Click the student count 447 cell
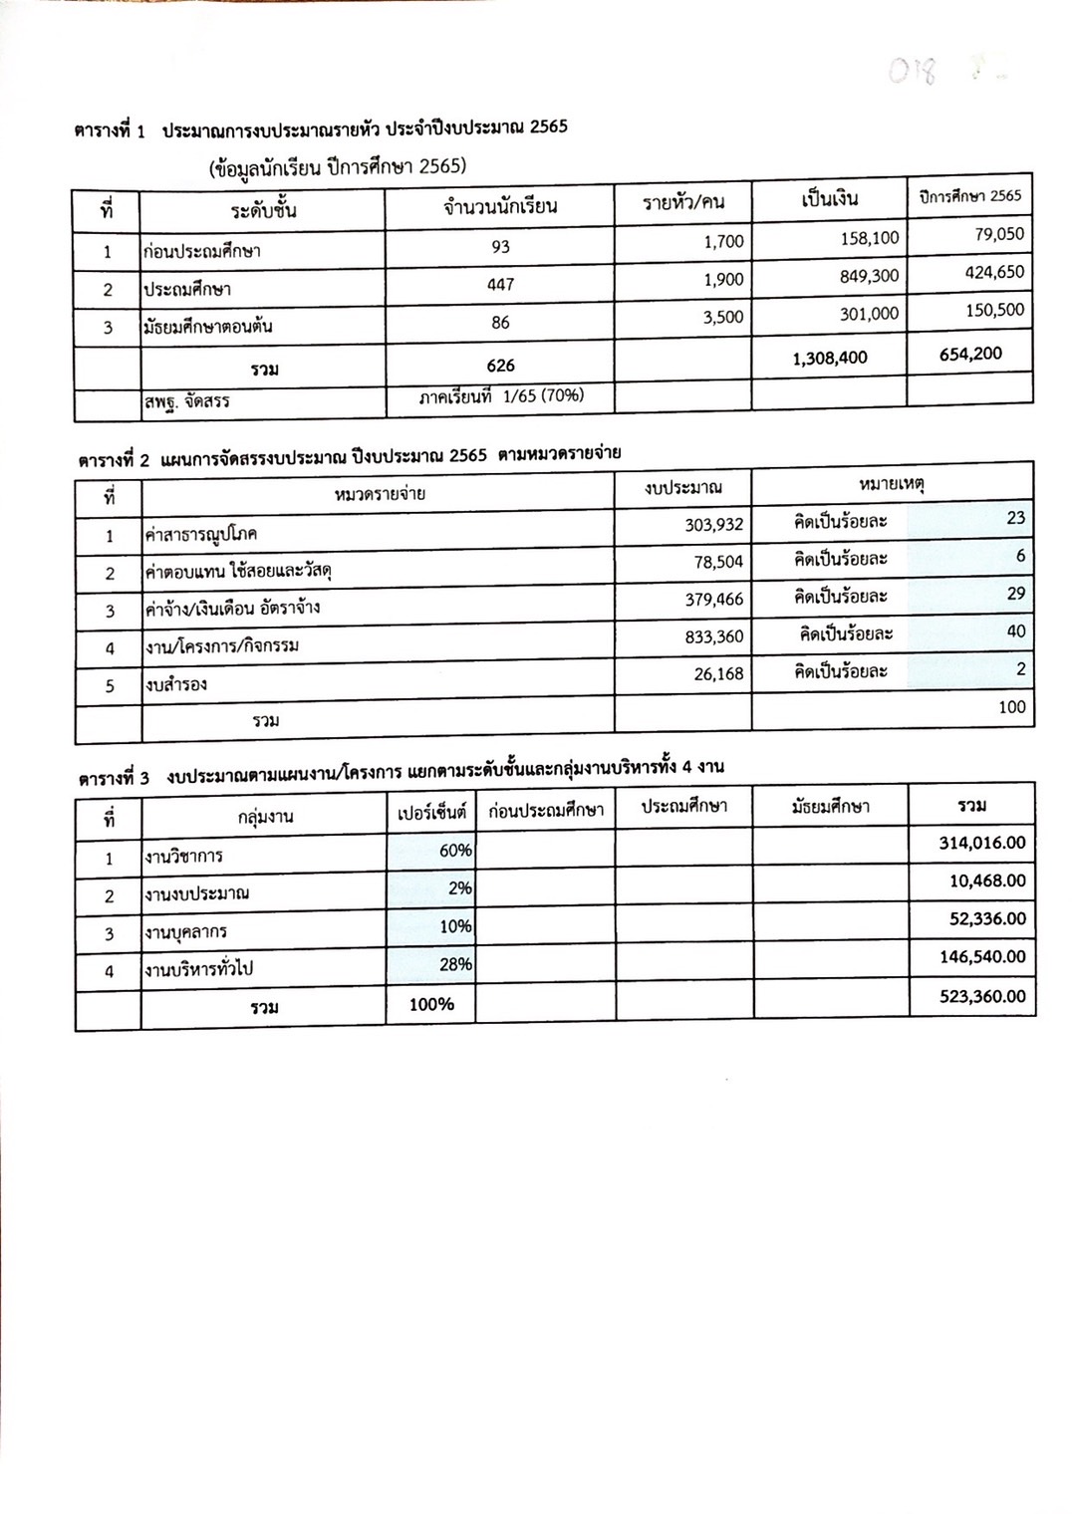pyautogui.click(x=500, y=285)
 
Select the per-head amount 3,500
pyautogui.click(x=723, y=318)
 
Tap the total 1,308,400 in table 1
pyautogui.click(x=830, y=358)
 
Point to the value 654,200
pyautogui.click(x=970, y=354)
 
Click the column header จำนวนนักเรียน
pyautogui.click(x=500, y=207)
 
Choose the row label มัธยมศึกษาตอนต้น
pyautogui.click(x=207, y=327)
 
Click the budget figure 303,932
pyautogui.click(x=713, y=525)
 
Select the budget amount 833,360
pyautogui.click(x=713, y=637)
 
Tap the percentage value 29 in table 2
pyautogui.click(x=1015, y=594)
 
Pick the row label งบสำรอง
pyautogui.click(x=176, y=685)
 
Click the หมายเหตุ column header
pyautogui.click(x=892, y=484)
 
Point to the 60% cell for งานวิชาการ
pyautogui.click(x=455, y=851)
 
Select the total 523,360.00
pyautogui.click(x=981, y=996)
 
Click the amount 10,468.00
pyautogui.click(x=986, y=882)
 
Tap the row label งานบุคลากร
pyautogui.click(x=185, y=932)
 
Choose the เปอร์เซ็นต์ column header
pyautogui.click(x=430, y=813)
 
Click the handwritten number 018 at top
pyautogui.click(x=913, y=73)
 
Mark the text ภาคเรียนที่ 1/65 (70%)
pyautogui.click(x=501, y=396)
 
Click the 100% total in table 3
pyautogui.click(x=431, y=1004)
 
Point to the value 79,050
pyautogui.click(x=999, y=235)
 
